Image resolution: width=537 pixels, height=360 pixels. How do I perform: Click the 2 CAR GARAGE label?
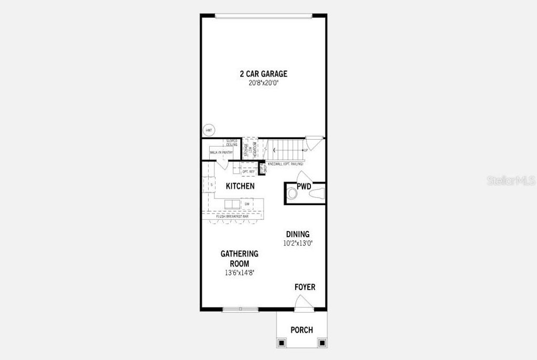[263, 74]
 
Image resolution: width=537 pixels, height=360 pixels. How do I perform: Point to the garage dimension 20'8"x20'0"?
[263, 83]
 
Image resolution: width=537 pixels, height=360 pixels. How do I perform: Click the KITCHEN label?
[240, 186]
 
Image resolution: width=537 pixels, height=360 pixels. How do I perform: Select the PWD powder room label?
[304, 186]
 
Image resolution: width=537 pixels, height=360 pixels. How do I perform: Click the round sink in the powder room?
[293, 194]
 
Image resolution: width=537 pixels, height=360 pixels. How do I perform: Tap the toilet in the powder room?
[317, 195]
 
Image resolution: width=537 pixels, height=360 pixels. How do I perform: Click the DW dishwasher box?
[246, 204]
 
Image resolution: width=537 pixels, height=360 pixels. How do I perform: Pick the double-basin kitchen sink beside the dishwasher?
[232, 204]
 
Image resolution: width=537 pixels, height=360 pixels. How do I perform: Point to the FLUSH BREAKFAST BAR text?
[232, 216]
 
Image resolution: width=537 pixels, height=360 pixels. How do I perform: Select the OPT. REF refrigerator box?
[249, 172]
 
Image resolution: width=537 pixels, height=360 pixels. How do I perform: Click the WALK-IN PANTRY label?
[221, 153]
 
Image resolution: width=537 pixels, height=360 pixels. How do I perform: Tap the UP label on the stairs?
[305, 151]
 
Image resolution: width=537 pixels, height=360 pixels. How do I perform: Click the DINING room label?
[297, 234]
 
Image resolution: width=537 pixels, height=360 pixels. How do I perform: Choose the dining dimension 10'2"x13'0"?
[297, 243]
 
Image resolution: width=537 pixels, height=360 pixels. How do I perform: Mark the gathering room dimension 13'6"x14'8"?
[239, 272]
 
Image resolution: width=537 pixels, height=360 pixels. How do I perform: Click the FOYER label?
[305, 287]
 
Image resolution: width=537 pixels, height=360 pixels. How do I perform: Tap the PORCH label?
[302, 330]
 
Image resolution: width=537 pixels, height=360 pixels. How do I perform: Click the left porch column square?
[282, 343]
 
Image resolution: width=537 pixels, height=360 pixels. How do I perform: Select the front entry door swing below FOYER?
[303, 302]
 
